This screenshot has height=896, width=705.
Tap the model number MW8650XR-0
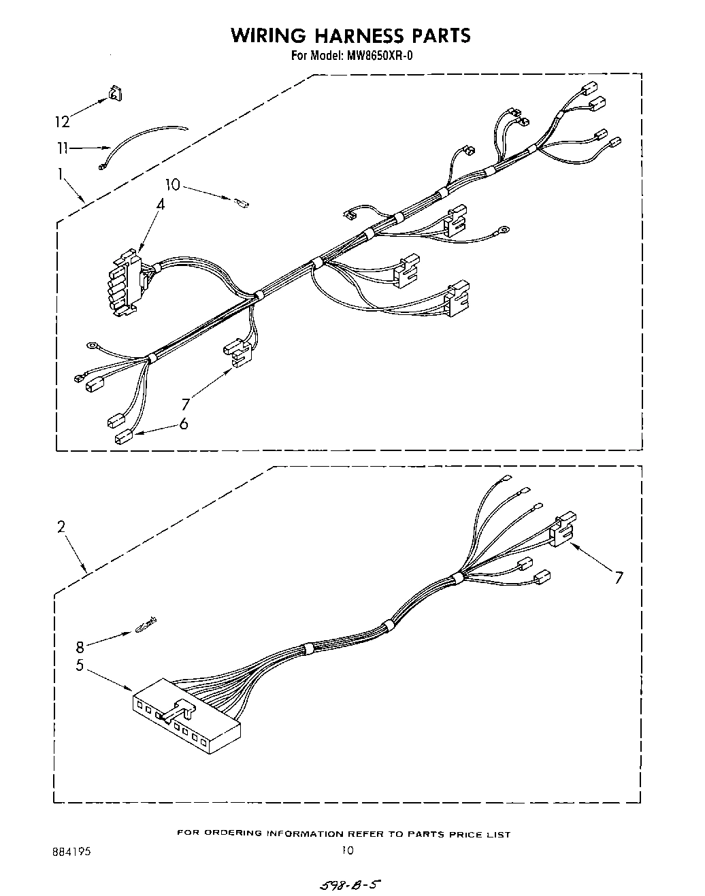coord(380,56)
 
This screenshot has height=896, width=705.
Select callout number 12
coord(62,122)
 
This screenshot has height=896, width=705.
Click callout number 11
coord(63,147)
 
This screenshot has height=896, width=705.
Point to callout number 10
coord(173,184)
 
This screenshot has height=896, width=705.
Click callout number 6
coord(183,424)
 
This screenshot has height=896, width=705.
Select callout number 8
coord(80,647)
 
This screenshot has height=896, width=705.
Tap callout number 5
coord(80,665)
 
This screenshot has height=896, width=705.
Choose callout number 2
coord(61,526)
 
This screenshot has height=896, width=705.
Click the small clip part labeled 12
coord(114,94)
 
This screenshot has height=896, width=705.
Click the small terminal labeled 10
coord(241,201)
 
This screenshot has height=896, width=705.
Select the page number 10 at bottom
coord(348,850)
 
